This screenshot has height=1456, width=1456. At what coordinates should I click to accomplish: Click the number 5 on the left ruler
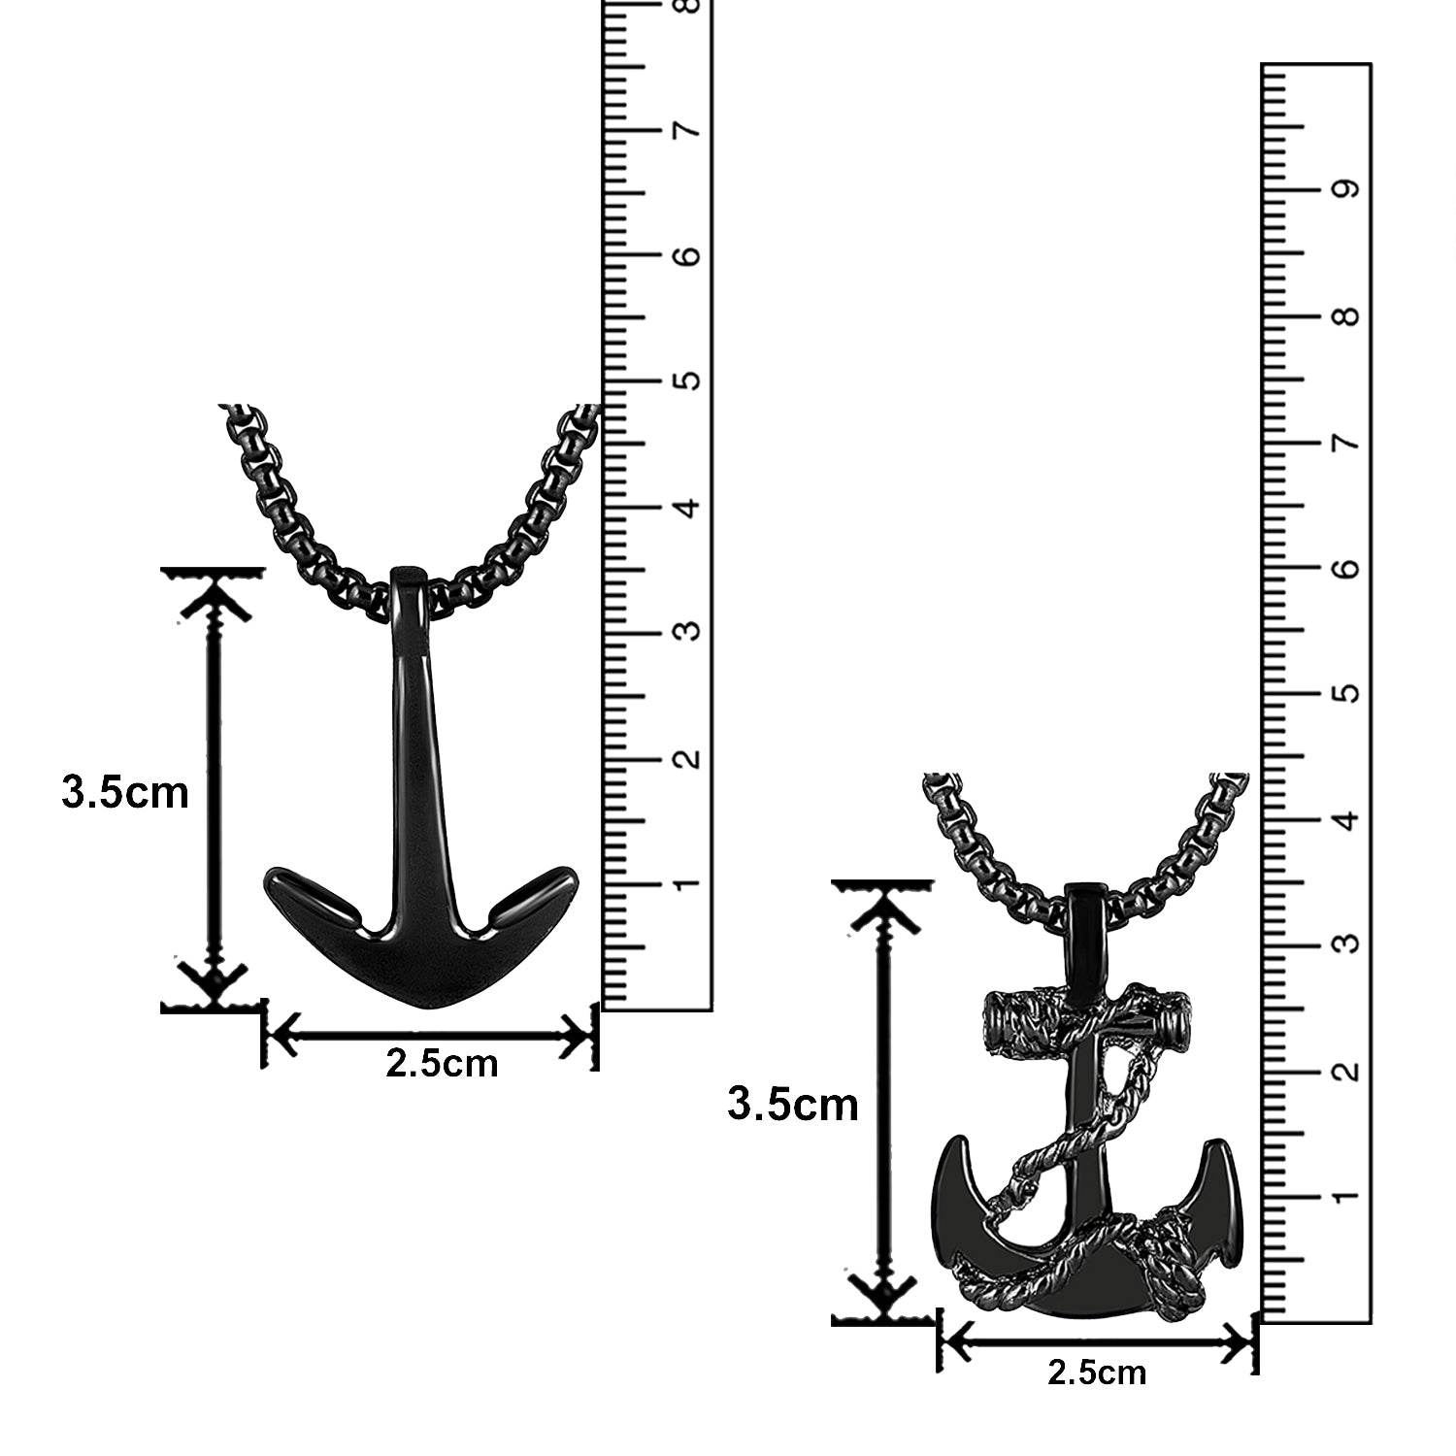pos(689,380)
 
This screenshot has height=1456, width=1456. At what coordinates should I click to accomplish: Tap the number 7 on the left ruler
pos(689,130)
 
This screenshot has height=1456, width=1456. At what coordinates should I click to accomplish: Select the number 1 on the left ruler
pos(689,884)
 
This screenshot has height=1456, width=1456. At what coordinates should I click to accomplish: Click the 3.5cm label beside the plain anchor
pos(124,793)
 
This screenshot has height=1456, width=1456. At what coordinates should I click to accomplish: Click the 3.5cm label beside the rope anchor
pos(793,1105)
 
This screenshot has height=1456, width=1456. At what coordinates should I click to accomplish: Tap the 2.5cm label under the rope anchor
pos(1097,1373)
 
